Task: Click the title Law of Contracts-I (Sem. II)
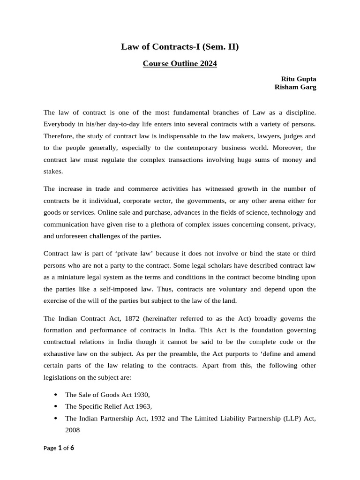point(180,46)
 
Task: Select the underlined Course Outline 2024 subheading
point(180,64)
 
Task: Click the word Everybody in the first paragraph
point(60,125)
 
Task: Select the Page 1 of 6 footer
point(59,448)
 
